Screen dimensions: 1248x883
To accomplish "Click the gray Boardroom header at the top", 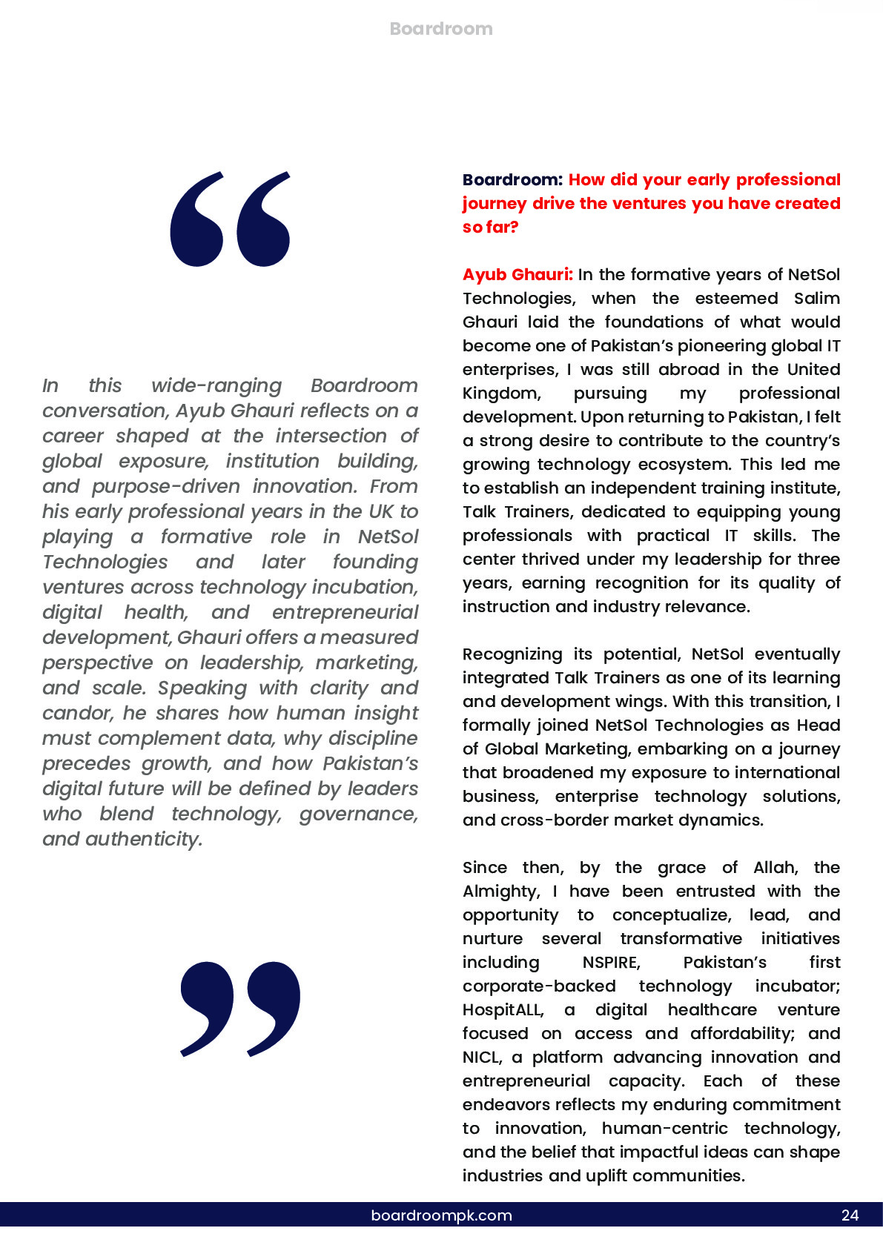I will (441, 29).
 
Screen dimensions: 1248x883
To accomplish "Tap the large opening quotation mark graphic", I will (230, 219).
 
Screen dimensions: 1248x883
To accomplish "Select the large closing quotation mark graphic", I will (240, 1008).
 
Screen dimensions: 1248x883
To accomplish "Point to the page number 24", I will (850, 1215).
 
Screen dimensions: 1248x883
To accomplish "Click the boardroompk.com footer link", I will (441, 1215).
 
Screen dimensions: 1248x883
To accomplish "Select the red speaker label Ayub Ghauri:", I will (517, 275).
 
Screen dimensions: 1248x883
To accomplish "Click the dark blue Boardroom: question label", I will (512, 180).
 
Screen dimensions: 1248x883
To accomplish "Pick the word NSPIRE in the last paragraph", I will (610, 963).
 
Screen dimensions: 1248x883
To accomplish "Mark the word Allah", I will (775, 868).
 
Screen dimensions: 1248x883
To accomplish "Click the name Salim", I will (816, 299).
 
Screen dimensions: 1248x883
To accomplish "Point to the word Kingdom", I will (500, 394).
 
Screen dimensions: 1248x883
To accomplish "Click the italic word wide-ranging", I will (216, 386).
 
